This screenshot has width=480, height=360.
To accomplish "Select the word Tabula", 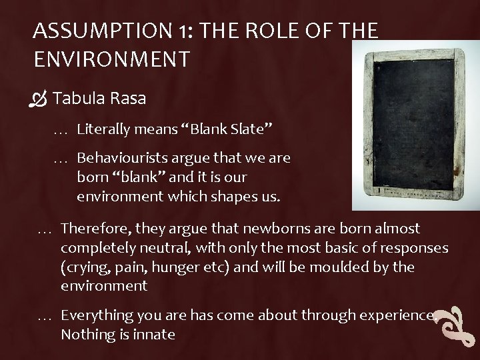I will point(77,99).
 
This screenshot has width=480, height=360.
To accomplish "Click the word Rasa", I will point(124,99).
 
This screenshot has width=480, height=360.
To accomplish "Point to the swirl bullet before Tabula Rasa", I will point(40,100).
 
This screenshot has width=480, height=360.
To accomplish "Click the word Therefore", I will point(94,229).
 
